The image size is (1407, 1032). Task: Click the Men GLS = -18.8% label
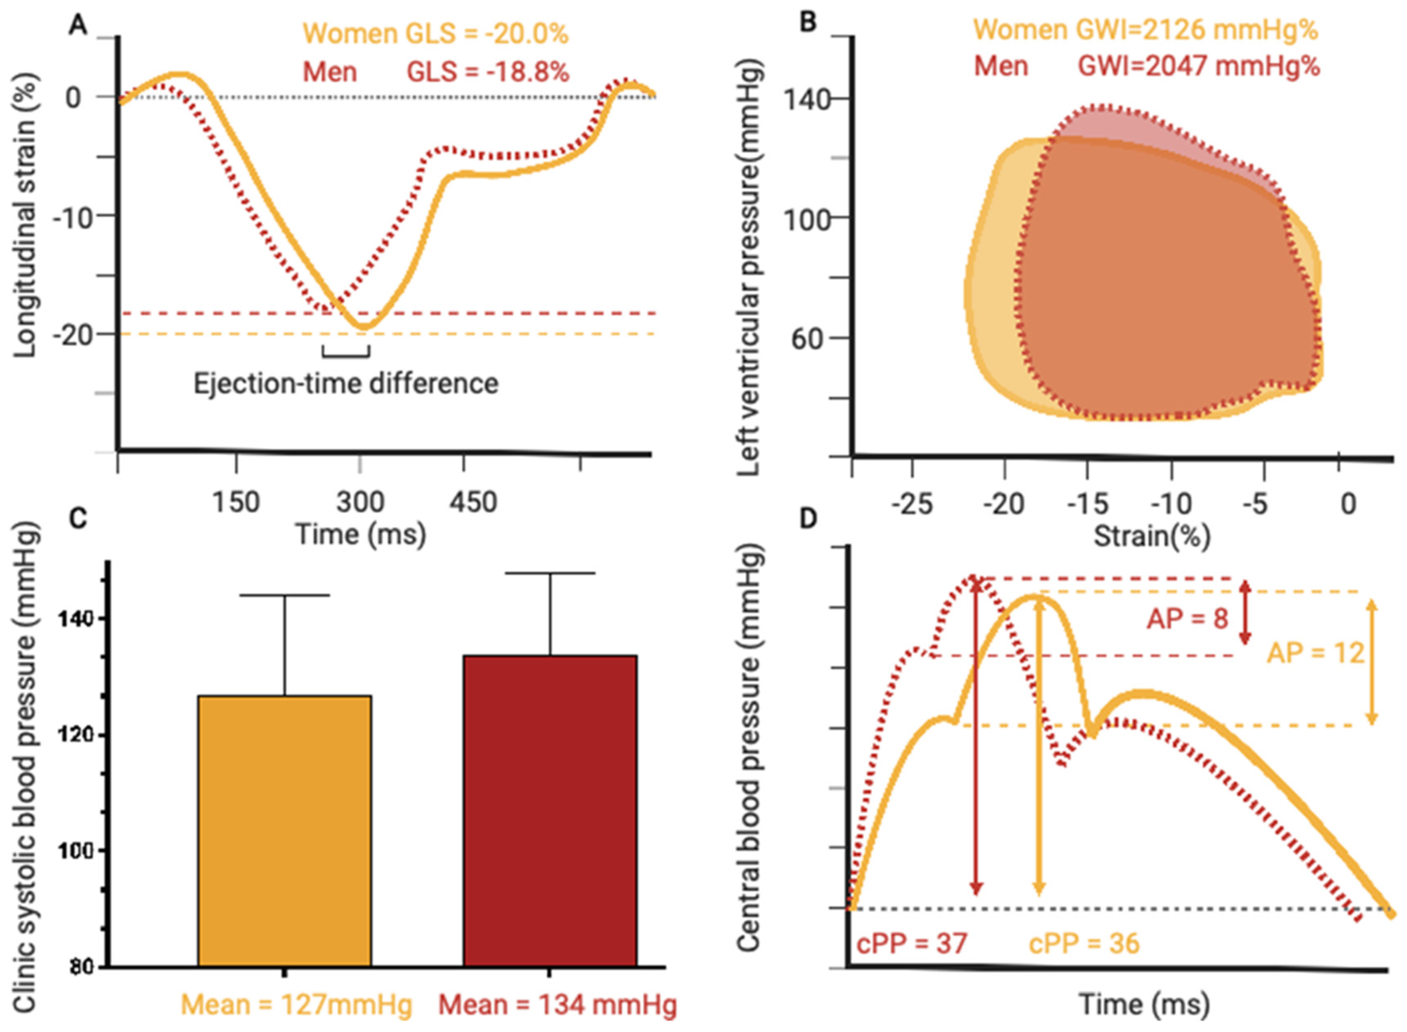(x=435, y=72)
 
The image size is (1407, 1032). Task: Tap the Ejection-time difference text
(x=346, y=383)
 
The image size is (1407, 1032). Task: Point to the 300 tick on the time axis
(x=360, y=502)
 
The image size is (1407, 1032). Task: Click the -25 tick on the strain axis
(x=913, y=503)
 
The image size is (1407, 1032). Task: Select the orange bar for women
(x=284, y=831)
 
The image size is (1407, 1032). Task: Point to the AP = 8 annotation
(x=1187, y=619)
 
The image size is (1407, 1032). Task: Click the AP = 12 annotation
(x=1315, y=653)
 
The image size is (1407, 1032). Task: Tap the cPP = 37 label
(x=912, y=943)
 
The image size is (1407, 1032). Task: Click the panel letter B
(x=808, y=23)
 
